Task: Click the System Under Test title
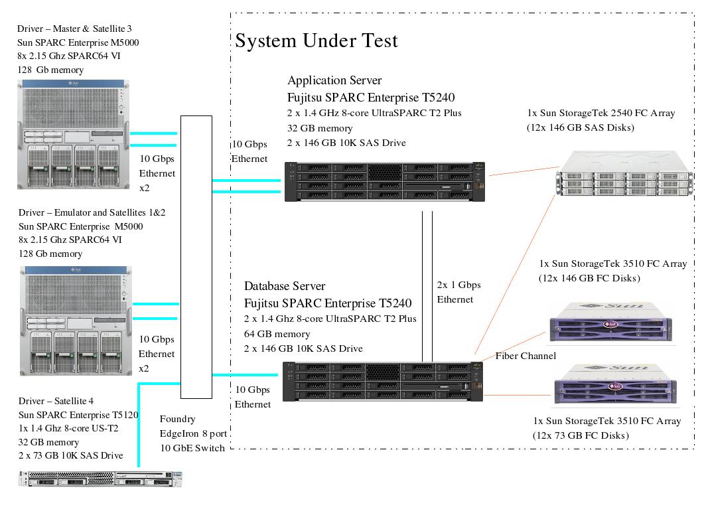click(316, 41)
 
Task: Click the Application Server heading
click(334, 80)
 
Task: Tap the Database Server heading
click(285, 286)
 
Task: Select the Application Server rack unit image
click(385, 181)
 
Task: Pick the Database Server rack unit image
click(383, 381)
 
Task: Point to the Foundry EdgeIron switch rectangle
click(196, 256)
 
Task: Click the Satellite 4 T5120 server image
click(100, 478)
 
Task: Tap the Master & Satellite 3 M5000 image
click(74, 134)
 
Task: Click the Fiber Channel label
click(526, 356)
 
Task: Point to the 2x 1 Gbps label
click(458, 285)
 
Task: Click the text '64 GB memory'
click(277, 334)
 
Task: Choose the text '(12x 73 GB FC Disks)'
click(581, 435)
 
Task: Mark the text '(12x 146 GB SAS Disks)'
click(581, 127)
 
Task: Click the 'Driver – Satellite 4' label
click(55, 401)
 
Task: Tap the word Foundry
click(177, 419)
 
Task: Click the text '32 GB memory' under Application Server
click(320, 128)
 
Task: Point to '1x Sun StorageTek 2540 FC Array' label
click(601, 113)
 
